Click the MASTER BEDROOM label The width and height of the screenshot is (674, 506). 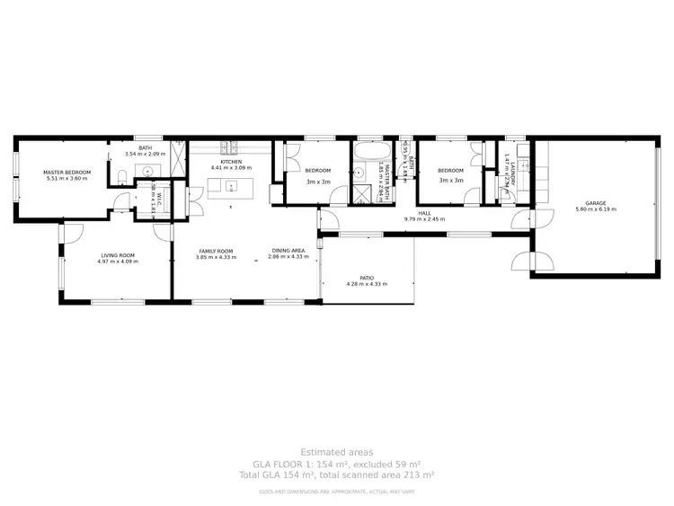(68, 172)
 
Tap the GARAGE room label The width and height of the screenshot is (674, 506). (596, 203)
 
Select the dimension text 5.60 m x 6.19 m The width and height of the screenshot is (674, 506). (596, 209)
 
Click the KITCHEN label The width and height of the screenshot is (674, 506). (231, 162)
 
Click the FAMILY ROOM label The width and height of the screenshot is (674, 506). (216, 251)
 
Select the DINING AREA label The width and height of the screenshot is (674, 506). (288, 251)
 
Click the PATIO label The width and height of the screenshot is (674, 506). (367, 278)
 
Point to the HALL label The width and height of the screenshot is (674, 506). (424, 213)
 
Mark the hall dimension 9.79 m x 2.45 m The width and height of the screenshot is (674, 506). (424, 219)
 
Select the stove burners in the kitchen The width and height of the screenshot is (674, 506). (229, 146)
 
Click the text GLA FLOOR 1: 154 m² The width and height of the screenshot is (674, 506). (336, 463)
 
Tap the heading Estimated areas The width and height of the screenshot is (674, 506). (336, 452)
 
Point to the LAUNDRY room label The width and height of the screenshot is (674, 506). (508, 168)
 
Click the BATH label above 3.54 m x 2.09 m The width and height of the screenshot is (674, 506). (144, 148)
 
